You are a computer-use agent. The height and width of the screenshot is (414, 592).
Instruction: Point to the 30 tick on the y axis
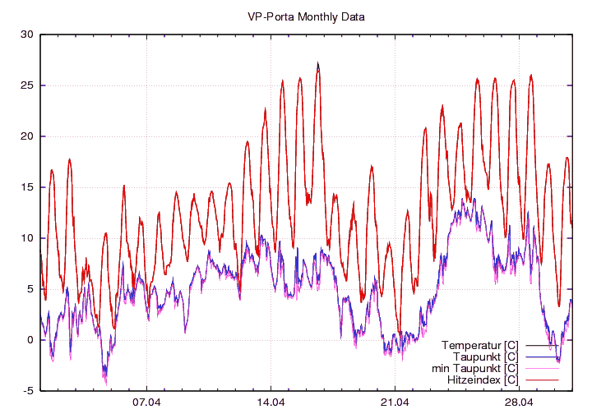click(26, 34)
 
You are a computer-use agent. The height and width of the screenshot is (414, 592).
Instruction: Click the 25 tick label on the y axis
click(26, 85)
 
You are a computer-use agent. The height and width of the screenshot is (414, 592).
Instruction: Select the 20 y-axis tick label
click(26, 136)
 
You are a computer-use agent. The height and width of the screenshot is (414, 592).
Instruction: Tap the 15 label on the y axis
click(26, 187)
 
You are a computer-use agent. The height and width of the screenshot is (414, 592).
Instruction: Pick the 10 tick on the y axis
click(26, 238)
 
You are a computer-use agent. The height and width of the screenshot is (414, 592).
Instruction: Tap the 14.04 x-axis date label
click(271, 402)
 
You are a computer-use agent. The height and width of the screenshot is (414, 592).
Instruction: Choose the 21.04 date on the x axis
click(395, 402)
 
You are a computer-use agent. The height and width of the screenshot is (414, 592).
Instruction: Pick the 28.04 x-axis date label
click(519, 402)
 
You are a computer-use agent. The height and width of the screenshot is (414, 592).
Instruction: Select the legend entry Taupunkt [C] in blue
click(483, 356)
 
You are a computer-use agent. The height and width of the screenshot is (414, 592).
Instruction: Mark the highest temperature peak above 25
click(317, 63)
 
